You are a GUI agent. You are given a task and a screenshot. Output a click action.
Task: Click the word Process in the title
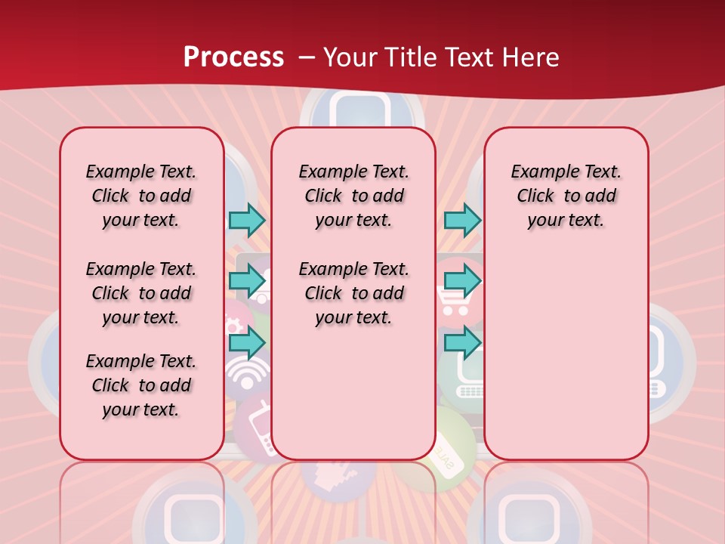(x=233, y=57)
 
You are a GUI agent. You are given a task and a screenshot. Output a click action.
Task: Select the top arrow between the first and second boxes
(x=247, y=220)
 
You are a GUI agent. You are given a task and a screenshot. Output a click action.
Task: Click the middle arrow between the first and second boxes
(x=247, y=281)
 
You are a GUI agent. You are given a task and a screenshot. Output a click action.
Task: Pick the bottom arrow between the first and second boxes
(x=247, y=342)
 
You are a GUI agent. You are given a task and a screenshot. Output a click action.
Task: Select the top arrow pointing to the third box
(x=462, y=220)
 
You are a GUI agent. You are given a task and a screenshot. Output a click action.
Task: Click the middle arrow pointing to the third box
(x=462, y=281)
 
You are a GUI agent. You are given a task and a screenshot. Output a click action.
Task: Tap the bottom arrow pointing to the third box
(x=462, y=342)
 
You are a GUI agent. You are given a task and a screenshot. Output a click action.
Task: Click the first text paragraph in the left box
(x=141, y=196)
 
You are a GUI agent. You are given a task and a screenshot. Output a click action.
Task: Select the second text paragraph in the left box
(x=141, y=293)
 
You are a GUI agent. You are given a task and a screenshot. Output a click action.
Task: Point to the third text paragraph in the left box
(x=141, y=385)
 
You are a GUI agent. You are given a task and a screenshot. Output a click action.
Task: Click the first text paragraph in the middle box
(x=353, y=196)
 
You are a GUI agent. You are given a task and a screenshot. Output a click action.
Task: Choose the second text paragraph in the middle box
(x=353, y=293)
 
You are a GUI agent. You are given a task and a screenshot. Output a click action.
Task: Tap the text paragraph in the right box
(x=566, y=196)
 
